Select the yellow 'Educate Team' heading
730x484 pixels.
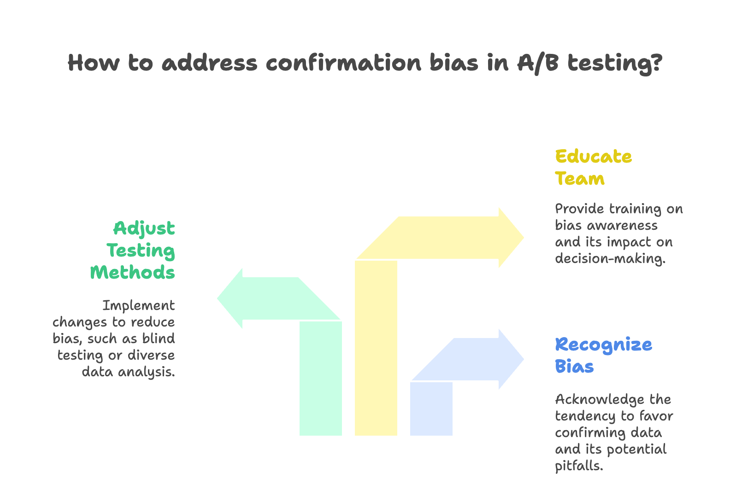[x=593, y=167]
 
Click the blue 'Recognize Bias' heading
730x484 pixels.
[x=603, y=355]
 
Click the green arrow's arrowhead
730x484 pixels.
[x=230, y=298]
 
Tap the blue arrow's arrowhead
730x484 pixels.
[x=512, y=359]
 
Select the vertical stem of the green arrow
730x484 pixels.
[x=321, y=378]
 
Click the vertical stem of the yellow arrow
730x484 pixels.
[x=376, y=348]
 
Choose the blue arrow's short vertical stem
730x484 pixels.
[x=431, y=408]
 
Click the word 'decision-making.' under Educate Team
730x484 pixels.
[x=610, y=258]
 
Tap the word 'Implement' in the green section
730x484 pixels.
[x=139, y=305]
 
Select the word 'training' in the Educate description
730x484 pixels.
[x=636, y=209]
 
